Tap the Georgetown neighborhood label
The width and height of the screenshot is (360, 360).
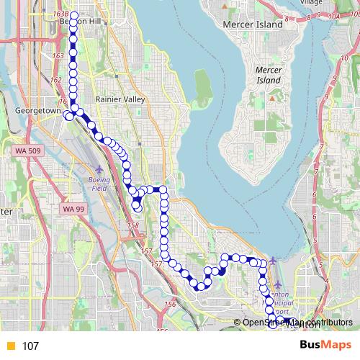[34, 112]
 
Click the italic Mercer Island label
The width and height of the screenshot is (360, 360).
[272, 75]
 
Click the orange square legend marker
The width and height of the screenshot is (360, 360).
[10, 346]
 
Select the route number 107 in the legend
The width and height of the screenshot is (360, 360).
[30, 346]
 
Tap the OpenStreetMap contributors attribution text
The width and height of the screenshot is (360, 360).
[297, 323]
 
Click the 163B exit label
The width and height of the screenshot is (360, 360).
[60, 14]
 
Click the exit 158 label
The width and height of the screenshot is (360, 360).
[132, 225]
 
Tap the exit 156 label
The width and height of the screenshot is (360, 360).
[170, 305]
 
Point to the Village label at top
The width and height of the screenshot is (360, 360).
[312, 3]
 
